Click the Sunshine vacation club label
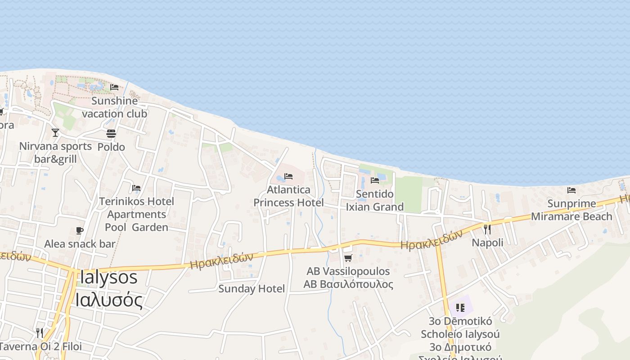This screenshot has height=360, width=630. pos(114,107)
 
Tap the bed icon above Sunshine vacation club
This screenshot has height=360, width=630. pos(114,87)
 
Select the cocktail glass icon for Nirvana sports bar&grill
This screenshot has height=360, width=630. pos(55,133)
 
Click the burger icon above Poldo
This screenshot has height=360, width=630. pos(111,134)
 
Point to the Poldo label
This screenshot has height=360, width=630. pos(111,147)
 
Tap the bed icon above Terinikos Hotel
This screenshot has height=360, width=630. pos(136,188)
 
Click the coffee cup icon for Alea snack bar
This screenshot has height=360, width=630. pos(80,231)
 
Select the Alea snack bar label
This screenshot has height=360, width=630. pos(80,244)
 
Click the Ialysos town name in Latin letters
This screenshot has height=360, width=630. pos(108,277)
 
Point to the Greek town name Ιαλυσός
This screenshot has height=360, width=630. pos(108,300)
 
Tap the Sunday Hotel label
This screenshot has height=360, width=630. pos(252,288)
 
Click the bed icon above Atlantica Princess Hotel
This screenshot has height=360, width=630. pos(288,176)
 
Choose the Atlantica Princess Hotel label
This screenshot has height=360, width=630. pos(288,196)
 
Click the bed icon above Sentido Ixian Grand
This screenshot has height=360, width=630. pos(374,180)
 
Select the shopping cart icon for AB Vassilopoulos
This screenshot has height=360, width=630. pos(348,258)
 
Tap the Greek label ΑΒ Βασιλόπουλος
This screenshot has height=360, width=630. pos(348,284)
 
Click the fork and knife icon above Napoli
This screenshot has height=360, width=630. pos(487,229)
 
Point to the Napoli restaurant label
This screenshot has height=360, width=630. pos(487,243)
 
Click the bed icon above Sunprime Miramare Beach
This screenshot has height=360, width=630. pos(571,190)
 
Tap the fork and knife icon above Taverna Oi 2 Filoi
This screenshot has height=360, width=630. pos(40,333)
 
